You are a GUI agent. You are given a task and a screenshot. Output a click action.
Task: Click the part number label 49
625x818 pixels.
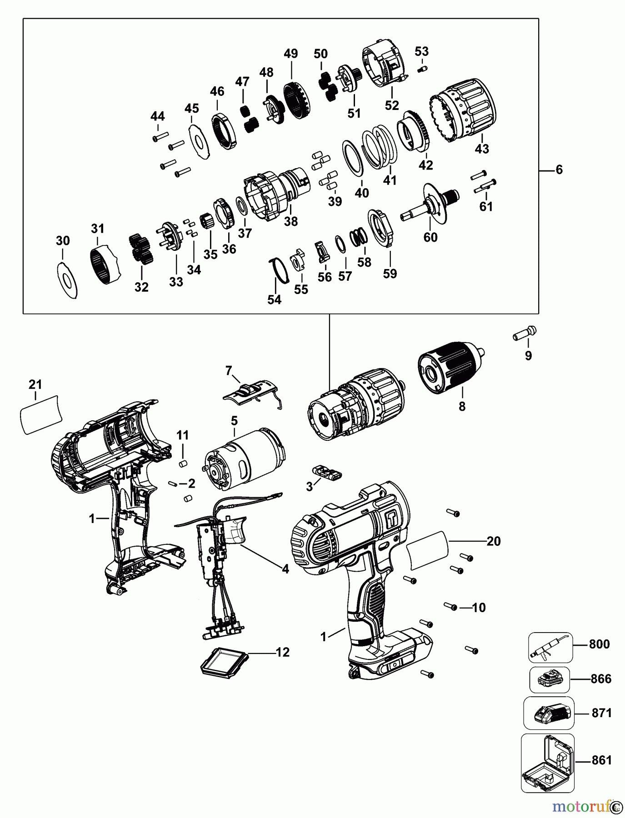tap(290, 54)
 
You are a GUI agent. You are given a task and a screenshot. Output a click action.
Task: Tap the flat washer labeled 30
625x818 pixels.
tap(68, 280)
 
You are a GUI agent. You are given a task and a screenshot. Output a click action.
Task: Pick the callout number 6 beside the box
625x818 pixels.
tap(559, 170)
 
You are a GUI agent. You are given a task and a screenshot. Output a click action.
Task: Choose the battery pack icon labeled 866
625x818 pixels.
tap(549, 680)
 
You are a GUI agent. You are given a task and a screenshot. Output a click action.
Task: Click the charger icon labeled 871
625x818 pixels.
tap(549, 714)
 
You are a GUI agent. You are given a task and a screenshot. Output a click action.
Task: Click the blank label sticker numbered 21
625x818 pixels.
tap(40, 414)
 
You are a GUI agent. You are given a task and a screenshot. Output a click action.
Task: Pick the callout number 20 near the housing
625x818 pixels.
tap(493, 541)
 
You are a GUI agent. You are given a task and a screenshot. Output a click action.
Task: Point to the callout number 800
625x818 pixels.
tap(599, 644)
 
